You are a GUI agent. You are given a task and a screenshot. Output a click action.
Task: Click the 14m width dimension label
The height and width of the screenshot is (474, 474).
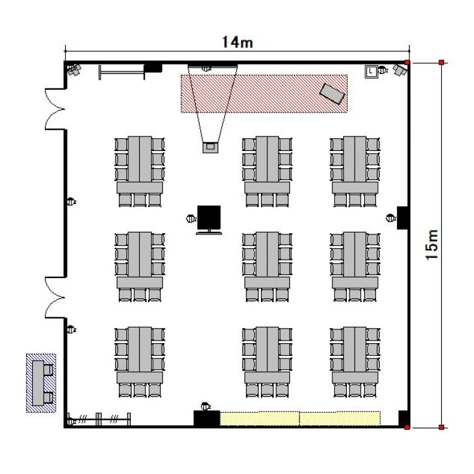click(x=237, y=42)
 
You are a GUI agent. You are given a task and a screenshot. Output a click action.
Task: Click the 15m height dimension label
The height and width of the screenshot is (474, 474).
click(x=432, y=245)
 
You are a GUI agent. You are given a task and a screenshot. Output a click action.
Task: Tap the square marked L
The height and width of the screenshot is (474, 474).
click(x=371, y=71)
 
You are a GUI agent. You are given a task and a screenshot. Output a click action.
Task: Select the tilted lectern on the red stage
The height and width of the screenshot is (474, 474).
click(x=332, y=94)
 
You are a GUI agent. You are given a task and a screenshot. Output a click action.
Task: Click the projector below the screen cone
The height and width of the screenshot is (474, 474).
click(x=210, y=147)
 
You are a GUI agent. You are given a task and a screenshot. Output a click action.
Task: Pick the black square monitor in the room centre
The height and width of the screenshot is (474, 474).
click(x=209, y=217)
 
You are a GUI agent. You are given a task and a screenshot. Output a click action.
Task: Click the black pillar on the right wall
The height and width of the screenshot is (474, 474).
click(x=403, y=217)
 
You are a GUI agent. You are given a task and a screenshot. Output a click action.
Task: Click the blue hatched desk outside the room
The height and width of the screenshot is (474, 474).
click(x=41, y=383)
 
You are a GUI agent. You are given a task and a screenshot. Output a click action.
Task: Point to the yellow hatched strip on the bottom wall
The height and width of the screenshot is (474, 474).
click(x=300, y=418)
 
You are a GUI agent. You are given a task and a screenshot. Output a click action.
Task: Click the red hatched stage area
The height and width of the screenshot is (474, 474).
click(x=264, y=94)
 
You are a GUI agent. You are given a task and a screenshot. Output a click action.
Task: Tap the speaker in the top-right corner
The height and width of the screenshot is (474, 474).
click(x=399, y=70)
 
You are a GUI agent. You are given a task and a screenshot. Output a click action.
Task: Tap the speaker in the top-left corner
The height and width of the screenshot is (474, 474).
click(x=74, y=70)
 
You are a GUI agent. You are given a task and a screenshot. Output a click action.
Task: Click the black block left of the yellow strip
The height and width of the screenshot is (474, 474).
click(x=207, y=418)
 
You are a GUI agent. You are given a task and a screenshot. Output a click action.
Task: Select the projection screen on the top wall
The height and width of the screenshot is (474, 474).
click(x=212, y=66)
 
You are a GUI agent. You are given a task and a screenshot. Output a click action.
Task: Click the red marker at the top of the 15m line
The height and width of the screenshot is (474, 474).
click(x=441, y=63)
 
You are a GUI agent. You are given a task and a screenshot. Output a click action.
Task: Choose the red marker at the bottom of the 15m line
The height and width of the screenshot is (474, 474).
click(x=441, y=427)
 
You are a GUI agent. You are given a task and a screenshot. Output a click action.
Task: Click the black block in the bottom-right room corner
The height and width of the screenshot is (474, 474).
click(x=403, y=418)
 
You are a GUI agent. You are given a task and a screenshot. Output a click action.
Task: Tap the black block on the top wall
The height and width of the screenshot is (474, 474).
click(x=153, y=68)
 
